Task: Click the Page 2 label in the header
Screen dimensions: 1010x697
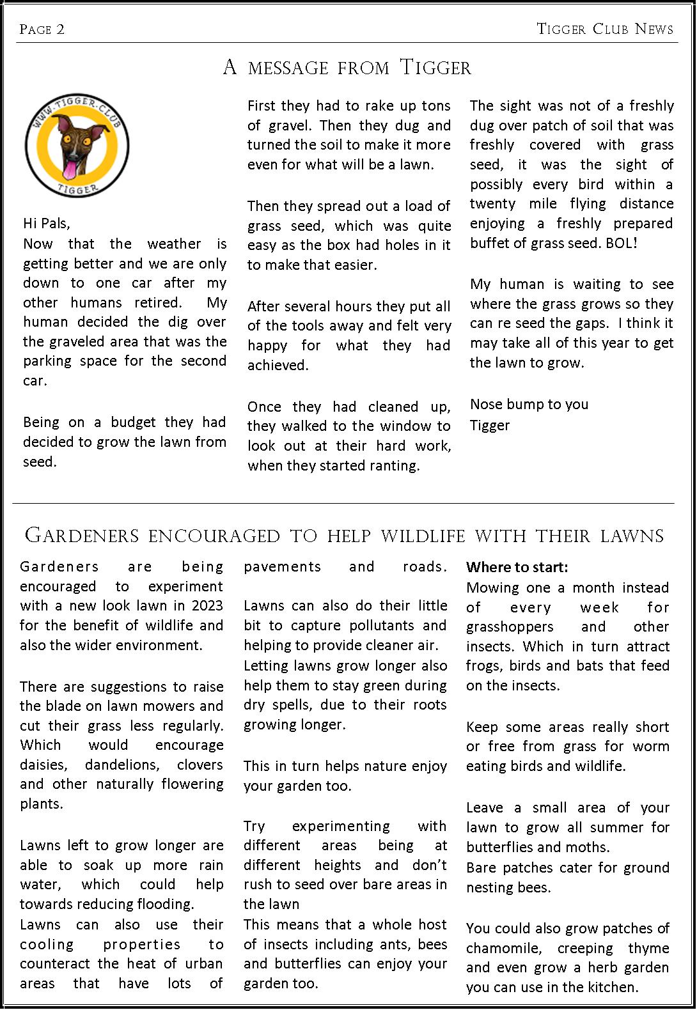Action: [42, 29]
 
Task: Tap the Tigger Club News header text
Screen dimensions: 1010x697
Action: [604, 29]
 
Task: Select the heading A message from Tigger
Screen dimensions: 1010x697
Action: [347, 67]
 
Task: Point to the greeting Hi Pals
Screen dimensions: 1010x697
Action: [47, 223]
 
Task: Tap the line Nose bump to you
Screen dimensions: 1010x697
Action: [529, 404]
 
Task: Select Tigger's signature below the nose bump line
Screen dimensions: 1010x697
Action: [490, 425]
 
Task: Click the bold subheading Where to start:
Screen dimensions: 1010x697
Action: [517, 567]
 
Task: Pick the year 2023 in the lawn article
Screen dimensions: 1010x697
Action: [207, 605]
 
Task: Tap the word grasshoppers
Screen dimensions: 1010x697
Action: [510, 626]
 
